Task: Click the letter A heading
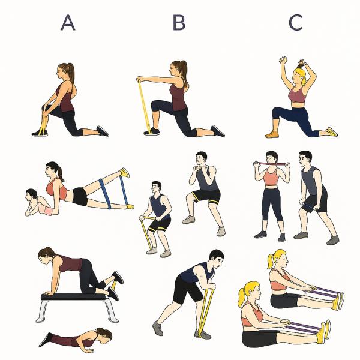68,23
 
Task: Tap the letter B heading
179,23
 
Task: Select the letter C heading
295,23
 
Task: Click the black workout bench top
73,296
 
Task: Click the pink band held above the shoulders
272,164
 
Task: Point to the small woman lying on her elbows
40,203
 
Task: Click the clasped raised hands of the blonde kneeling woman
283,60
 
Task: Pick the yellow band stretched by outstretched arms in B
144,106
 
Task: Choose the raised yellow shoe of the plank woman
125,173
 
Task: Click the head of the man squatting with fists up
201,158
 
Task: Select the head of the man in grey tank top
305,158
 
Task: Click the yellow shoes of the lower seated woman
324,332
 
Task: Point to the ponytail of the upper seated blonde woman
271,261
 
